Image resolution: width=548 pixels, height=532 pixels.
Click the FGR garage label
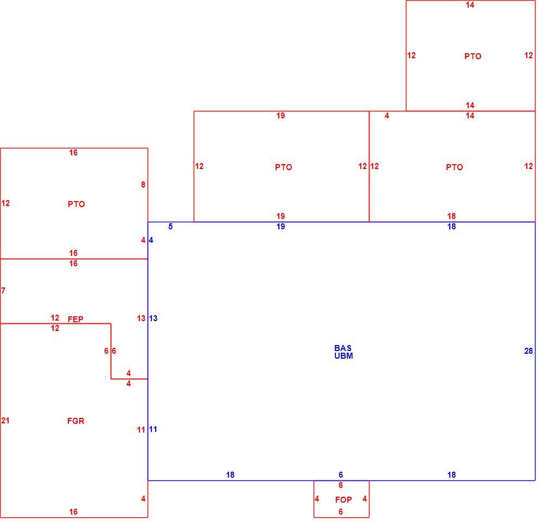pyautogui.click(x=76, y=421)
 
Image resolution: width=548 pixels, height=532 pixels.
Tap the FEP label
pyautogui.click(x=75, y=319)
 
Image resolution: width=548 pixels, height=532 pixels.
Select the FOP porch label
pyautogui.click(x=343, y=500)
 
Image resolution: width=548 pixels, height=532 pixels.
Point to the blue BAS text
pyautogui.click(x=343, y=348)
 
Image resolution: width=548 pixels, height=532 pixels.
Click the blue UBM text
pyautogui.click(x=343, y=355)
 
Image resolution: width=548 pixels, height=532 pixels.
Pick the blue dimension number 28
pyautogui.click(x=528, y=351)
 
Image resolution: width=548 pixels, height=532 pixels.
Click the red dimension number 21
pyautogui.click(x=5, y=421)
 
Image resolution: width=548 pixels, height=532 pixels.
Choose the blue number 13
pyautogui.click(x=153, y=318)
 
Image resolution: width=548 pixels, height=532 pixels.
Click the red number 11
pyautogui.click(x=141, y=429)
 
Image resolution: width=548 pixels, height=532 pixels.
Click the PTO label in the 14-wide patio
pyautogui.click(x=473, y=57)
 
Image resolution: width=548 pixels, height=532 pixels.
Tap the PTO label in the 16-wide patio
pyautogui.click(x=76, y=204)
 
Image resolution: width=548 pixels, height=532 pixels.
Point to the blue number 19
pyautogui.click(x=281, y=227)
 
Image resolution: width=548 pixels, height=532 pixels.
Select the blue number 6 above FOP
pyautogui.click(x=341, y=474)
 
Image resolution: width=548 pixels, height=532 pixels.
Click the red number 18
pyautogui.click(x=451, y=216)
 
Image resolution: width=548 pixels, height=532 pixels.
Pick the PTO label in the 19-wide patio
pyautogui.click(x=283, y=167)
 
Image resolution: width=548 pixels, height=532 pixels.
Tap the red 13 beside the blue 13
pyautogui.click(x=141, y=318)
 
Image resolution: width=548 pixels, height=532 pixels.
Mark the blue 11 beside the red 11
pyautogui.click(x=153, y=429)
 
